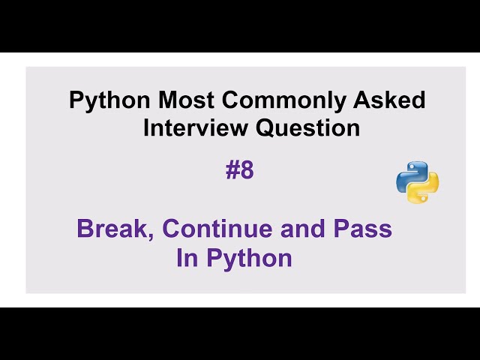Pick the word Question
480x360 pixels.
coord(308,128)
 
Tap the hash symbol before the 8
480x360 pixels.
coord(232,171)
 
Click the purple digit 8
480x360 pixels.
coord(247,171)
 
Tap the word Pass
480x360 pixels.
coord(362,229)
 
